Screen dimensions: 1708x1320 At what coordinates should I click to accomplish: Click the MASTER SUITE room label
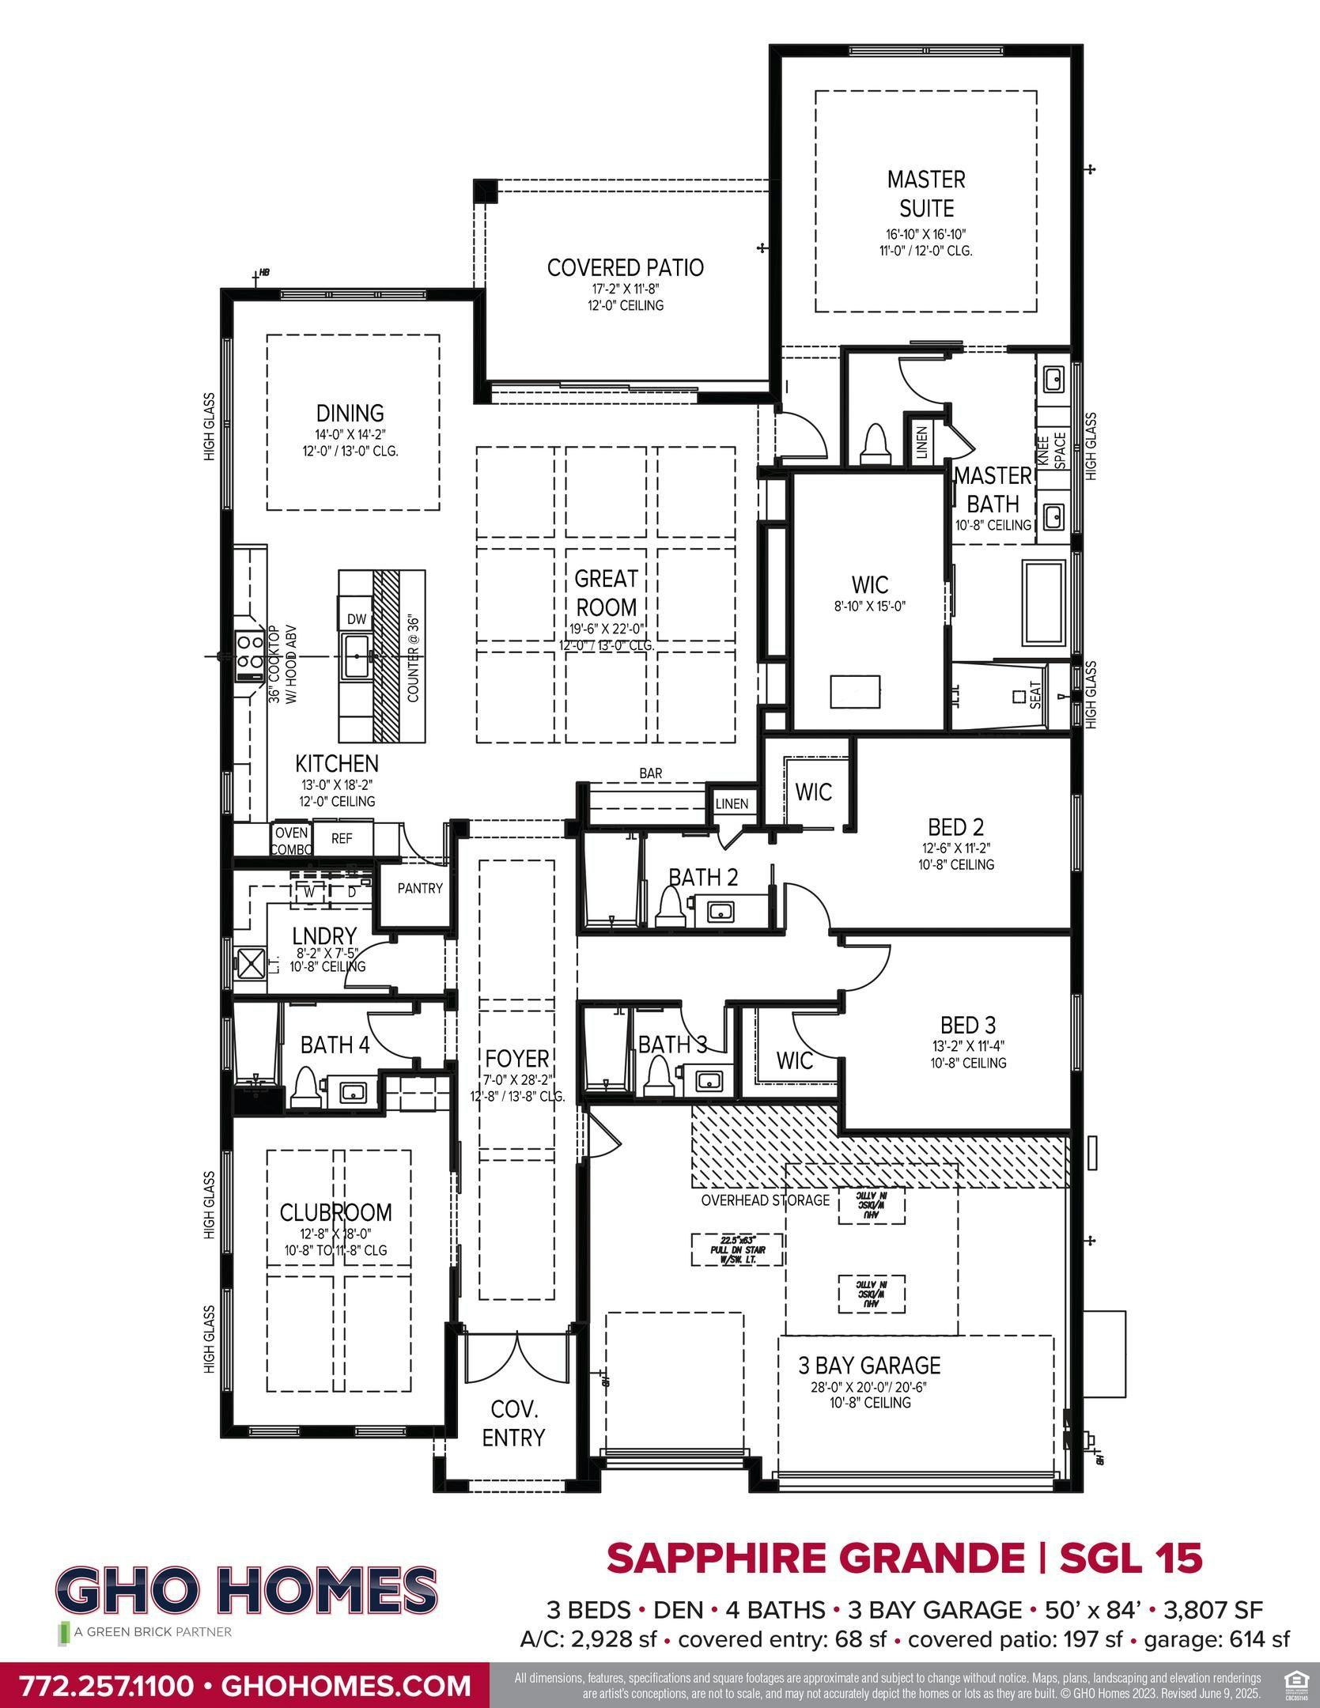[x=926, y=194]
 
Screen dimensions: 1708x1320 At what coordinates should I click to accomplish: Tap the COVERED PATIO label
[x=625, y=268]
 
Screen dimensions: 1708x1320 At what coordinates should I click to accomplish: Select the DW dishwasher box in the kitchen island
[x=357, y=619]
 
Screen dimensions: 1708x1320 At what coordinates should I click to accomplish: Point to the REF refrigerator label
[x=342, y=839]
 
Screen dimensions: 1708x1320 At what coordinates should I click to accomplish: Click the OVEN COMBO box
[x=291, y=841]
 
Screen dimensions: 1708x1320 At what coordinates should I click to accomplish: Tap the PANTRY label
[x=419, y=888]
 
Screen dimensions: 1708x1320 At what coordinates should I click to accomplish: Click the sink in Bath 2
[x=720, y=912]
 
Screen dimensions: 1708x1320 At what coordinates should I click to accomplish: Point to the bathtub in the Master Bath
[x=1044, y=602]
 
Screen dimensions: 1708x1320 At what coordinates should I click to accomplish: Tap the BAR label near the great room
[x=650, y=773]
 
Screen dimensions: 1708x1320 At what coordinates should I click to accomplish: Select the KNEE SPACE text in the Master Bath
[x=1051, y=450]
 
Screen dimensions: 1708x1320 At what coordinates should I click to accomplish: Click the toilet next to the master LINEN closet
[x=876, y=444]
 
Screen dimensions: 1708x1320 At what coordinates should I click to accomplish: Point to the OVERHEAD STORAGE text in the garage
[x=765, y=1200]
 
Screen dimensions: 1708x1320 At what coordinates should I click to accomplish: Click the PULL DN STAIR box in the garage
[x=737, y=1250]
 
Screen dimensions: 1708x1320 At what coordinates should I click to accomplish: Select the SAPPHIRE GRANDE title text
[x=815, y=1558]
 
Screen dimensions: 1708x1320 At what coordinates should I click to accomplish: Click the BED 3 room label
[x=968, y=1026]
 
